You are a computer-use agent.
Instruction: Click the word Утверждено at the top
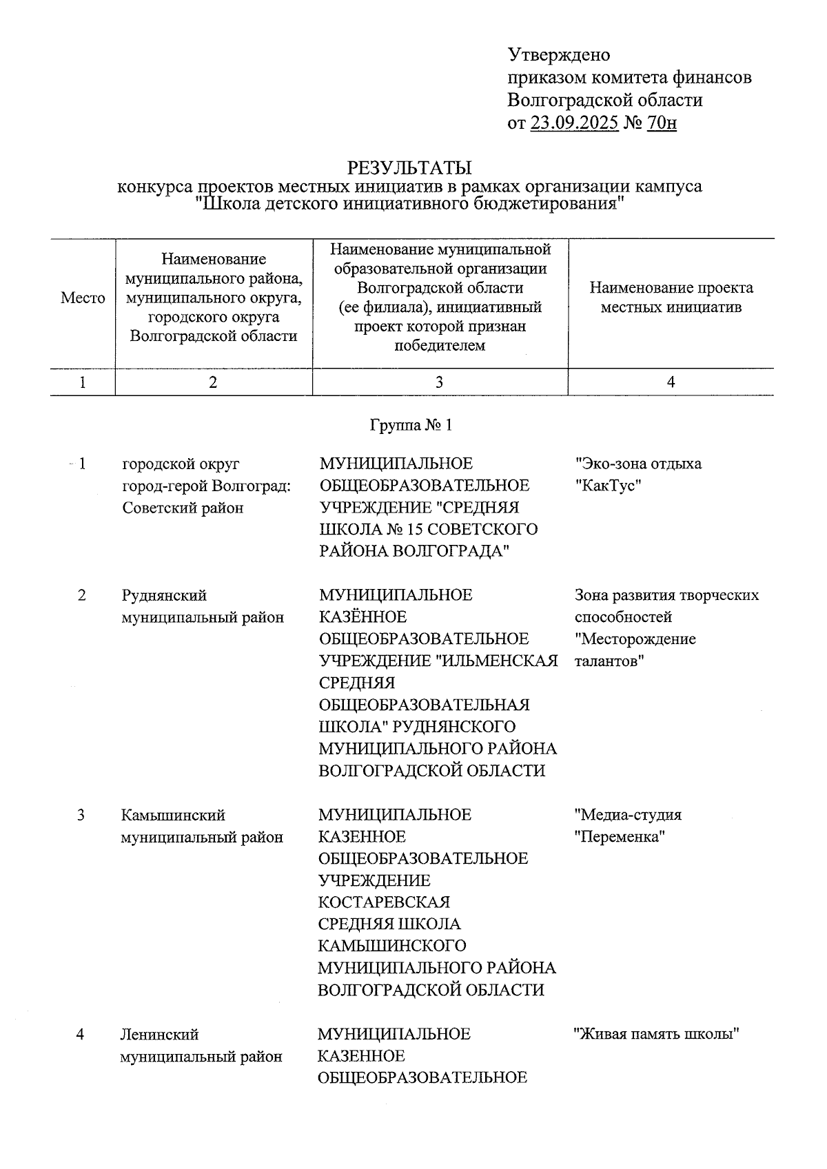pos(558,54)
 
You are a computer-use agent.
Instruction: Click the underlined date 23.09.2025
pos(574,123)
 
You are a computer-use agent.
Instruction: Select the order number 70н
pos(662,123)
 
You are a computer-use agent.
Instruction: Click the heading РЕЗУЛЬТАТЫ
pos(409,167)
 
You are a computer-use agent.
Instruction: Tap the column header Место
pos(83,298)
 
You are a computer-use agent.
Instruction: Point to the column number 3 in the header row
pos(439,382)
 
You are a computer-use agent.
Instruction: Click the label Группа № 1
pos(411,425)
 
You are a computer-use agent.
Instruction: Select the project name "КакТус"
pos(609,486)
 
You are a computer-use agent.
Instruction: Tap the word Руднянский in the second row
pos(163,595)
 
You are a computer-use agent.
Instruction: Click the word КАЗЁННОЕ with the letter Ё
pos(363,617)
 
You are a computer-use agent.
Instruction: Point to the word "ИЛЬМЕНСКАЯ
pos(497,661)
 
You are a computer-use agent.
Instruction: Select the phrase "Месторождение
pos(635,639)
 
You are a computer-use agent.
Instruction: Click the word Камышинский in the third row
pos(173,816)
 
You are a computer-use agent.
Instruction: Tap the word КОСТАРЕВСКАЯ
pos(384,902)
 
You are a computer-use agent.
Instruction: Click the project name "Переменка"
pos(620,837)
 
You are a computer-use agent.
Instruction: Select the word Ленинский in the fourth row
pos(159,1035)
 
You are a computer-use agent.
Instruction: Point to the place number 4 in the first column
pos(81,1035)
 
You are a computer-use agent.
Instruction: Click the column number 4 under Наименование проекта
pos(671,382)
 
